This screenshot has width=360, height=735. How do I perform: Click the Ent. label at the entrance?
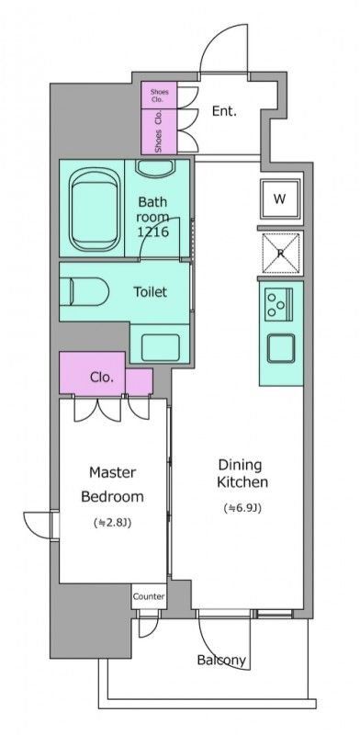coord(224,111)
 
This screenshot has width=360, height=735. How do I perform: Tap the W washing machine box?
coord(280,198)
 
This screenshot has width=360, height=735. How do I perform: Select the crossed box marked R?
coord(280,254)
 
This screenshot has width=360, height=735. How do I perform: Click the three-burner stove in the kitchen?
coord(278,304)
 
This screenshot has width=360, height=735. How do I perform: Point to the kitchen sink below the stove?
coord(281,348)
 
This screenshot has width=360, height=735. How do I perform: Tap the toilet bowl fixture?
coord(84,291)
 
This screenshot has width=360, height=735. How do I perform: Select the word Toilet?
coord(151,292)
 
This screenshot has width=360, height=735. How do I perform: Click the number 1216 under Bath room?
coord(152,232)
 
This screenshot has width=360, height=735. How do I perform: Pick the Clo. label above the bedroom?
coord(102,377)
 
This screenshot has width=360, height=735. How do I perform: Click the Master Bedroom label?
coord(112,484)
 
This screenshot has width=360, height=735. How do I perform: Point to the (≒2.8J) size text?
coord(112,523)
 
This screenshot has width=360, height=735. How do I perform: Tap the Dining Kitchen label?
coord(242,473)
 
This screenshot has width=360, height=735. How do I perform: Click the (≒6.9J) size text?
coord(242,508)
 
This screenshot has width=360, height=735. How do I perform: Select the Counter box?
coord(149,596)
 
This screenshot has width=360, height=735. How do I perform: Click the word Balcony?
coord(221,660)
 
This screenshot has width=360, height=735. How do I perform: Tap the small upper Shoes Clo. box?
coord(160,96)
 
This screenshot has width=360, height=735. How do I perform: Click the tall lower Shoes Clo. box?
coord(160,131)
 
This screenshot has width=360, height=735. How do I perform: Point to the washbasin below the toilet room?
coord(161,347)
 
